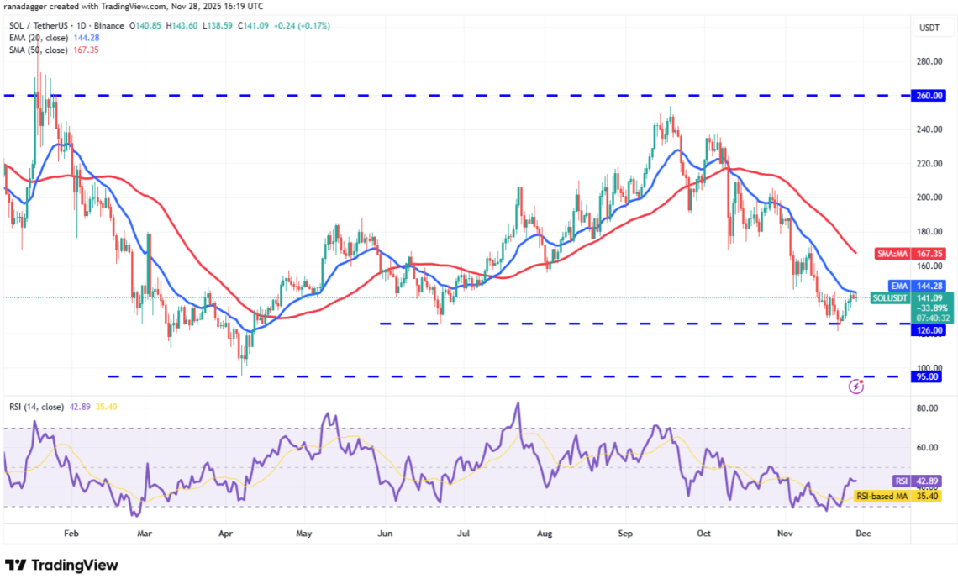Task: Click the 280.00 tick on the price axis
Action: [929, 61]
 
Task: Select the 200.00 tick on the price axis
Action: [929, 197]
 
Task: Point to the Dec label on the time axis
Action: [863, 532]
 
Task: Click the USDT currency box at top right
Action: [929, 28]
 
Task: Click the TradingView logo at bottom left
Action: [61, 565]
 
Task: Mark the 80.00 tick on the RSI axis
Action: [929, 408]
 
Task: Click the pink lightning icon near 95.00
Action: [855, 387]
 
